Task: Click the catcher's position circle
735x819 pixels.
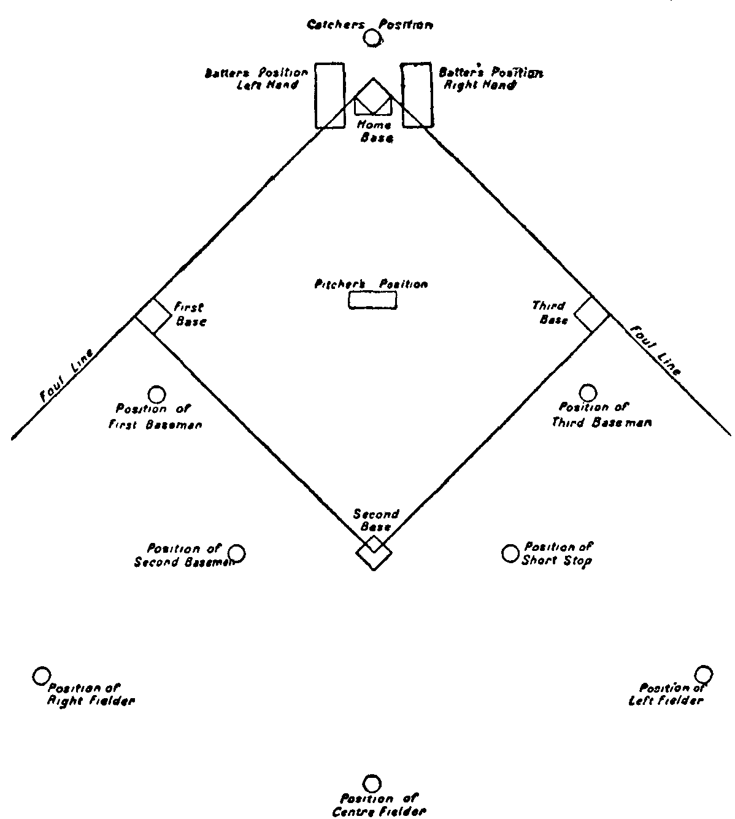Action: pyautogui.click(x=371, y=39)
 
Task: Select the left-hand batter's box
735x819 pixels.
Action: pyautogui.click(x=330, y=94)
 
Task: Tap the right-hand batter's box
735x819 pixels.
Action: pyautogui.click(x=417, y=94)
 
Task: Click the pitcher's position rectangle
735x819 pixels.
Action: pyautogui.click(x=372, y=301)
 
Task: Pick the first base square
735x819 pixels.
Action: pyautogui.click(x=153, y=317)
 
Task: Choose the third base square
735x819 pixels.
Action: pyautogui.click(x=591, y=315)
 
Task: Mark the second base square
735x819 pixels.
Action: pyautogui.click(x=374, y=552)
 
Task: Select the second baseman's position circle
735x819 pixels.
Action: pyautogui.click(x=237, y=554)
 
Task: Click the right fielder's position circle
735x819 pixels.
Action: pyautogui.click(x=41, y=675)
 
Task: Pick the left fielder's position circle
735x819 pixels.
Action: pyautogui.click(x=703, y=674)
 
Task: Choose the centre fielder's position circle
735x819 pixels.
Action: pyautogui.click(x=372, y=783)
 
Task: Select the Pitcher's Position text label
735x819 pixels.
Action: pyautogui.click(x=371, y=285)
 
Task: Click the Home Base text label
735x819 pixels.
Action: pyautogui.click(x=374, y=132)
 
